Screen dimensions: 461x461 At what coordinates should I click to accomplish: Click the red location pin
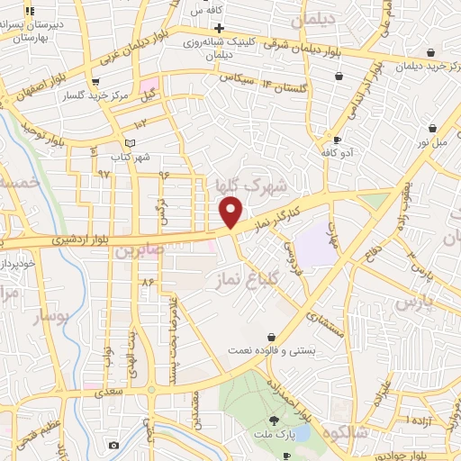click(x=231, y=212)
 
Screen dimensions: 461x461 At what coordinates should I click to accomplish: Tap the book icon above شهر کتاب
click(x=130, y=143)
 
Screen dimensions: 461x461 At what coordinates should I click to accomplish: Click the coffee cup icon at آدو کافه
click(x=336, y=140)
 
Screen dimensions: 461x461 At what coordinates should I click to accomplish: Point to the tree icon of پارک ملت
click(x=274, y=420)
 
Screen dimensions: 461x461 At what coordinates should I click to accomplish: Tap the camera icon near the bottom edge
click(x=113, y=446)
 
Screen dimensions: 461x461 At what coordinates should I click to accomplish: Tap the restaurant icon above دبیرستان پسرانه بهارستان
click(x=31, y=12)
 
